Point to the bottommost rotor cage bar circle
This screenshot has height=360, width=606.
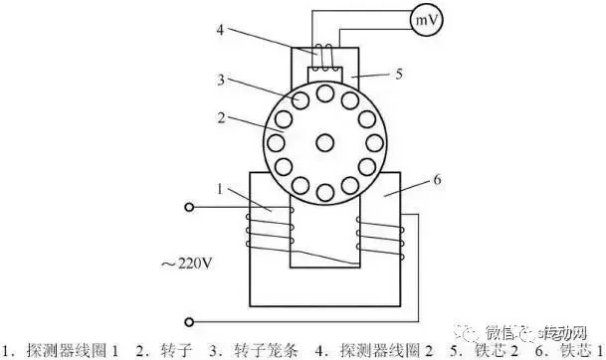pyautogui.click(x=325, y=195)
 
